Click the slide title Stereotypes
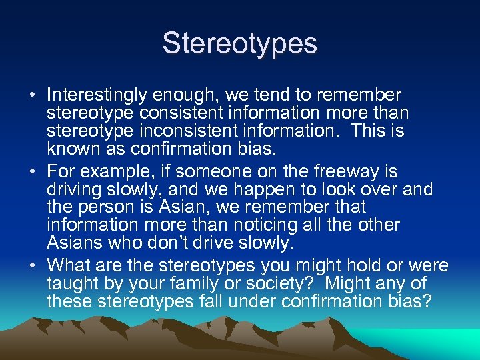click(x=240, y=44)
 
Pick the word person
click(x=102, y=206)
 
